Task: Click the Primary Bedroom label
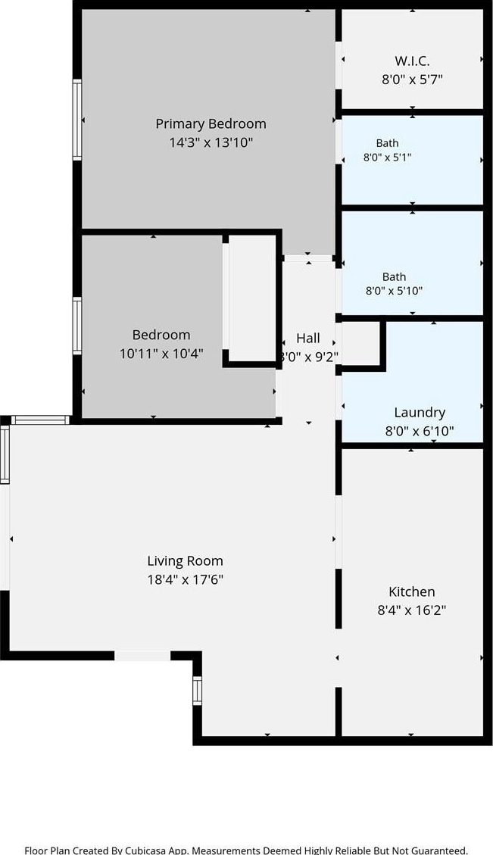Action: [211, 124]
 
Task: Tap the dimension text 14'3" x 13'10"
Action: [211, 143]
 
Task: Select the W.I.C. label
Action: [412, 61]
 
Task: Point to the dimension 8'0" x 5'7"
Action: [412, 79]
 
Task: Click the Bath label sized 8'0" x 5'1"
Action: [387, 143]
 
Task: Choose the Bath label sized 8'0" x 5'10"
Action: [395, 277]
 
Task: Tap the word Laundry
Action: [420, 413]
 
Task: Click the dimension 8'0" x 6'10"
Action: [420, 432]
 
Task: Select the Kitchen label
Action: [412, 591]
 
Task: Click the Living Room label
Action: [185, 560]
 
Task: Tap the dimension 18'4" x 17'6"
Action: [185, 579]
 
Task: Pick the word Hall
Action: [308, 338]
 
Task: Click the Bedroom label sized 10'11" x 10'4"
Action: [161, 335]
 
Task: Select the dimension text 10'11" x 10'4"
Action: [161, 354]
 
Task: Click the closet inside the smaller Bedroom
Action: [252, 298]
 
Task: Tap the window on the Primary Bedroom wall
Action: [77, 120]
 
